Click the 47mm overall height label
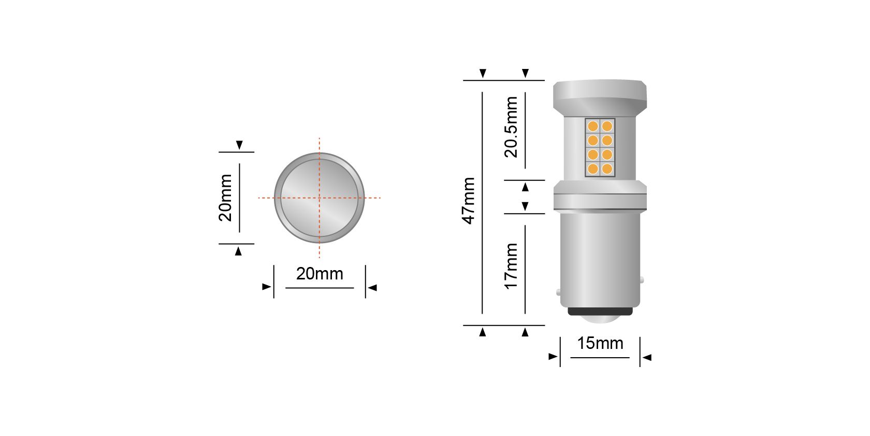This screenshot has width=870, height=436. click(469, 201)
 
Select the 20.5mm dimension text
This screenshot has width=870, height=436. click(511, 127)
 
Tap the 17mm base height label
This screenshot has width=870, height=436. click(511, 266)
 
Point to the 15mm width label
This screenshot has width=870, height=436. click(600, 343)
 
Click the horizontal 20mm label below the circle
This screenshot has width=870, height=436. click(320, 274)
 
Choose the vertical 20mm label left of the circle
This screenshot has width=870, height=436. click(225, 198)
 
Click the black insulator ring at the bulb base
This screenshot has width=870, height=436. click(600, 311)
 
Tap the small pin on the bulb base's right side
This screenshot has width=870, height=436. click(642, 280)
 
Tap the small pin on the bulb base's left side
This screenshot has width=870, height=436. click(558, 292)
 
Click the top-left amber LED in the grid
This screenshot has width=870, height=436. click(593, 126)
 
